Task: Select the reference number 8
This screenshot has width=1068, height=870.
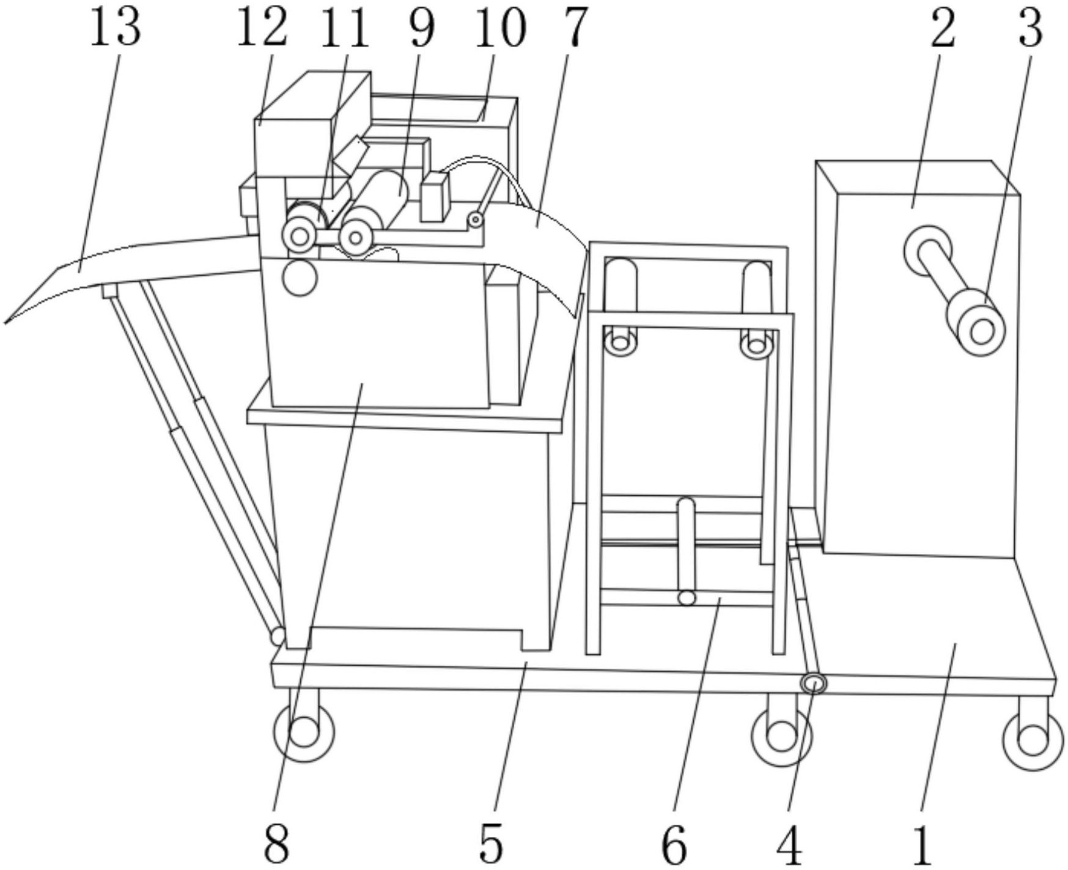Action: (276, 844)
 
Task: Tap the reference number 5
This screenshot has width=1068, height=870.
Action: (491, 844)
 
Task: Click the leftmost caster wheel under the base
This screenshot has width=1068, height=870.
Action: (304, 732)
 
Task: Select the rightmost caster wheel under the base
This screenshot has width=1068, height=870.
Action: (1033, 740)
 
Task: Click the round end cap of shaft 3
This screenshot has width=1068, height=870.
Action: (981, 332)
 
